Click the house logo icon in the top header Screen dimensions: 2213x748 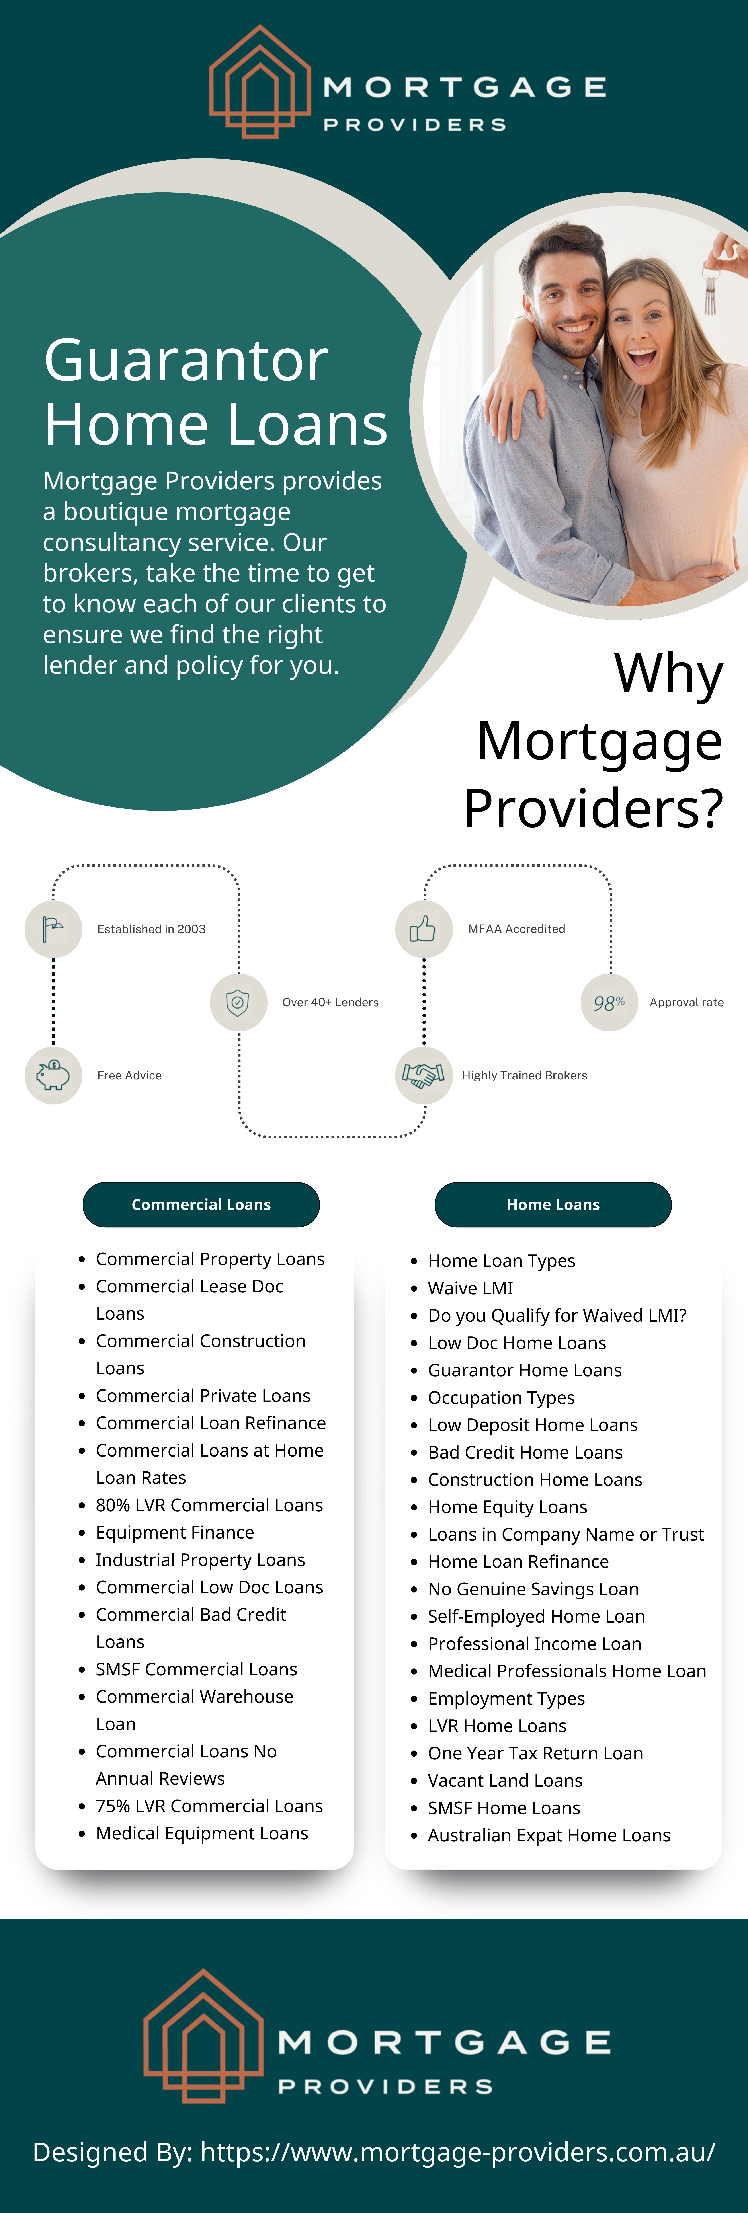click(x=260, y=82)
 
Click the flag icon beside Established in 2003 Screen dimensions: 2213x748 click(x=53, y=929)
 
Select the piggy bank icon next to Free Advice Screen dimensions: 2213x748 click(x=53, y=1075)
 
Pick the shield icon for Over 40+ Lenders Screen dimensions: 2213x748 click(x=238, y=1002)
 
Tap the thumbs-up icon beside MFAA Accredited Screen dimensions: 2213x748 click(x=423, y=929)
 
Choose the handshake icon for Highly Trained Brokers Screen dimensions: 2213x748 click(x=423, y=1075)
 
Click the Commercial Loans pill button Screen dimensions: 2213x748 click(x=201, y=1204)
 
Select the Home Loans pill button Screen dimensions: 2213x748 click(x=553, y=1204)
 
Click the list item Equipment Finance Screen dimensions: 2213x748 click(x=175, y=1533)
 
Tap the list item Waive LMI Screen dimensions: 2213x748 click(x=470, y=1288)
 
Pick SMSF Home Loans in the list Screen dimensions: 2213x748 click(x=504, y=1808)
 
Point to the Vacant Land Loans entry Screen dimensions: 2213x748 click(x=505, y=1780)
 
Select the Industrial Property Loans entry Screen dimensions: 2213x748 click(x=200, y=1560)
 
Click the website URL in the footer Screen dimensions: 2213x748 click(x=457, y=2152)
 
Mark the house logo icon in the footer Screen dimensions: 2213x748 click(x=203, y=2036)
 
